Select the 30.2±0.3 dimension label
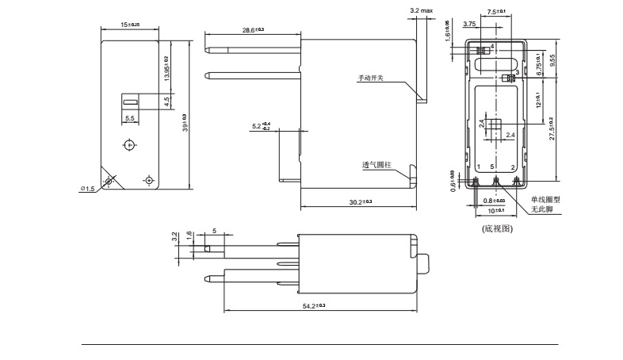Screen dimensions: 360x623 [x=361, y=202]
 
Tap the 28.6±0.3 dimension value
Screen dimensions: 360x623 [x=253, y=29]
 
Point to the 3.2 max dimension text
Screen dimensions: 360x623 [x=422, y=10]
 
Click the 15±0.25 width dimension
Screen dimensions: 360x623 [x=129, y=25]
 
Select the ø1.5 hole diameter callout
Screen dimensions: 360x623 [x=87, y=188]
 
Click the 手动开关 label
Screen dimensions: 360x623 [x=370, y=79]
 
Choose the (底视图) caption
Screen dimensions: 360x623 [x=498, y=228]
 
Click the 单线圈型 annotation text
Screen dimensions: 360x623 [x=545, y=200]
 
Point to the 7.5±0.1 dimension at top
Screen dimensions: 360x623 [x=496, y=12]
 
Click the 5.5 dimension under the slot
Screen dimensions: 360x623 [x=131, y=117]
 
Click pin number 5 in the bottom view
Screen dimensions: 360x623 [x=493, y=167]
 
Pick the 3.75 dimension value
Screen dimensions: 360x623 [x=468, y=25]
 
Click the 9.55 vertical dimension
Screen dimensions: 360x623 [x=552, y=60]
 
